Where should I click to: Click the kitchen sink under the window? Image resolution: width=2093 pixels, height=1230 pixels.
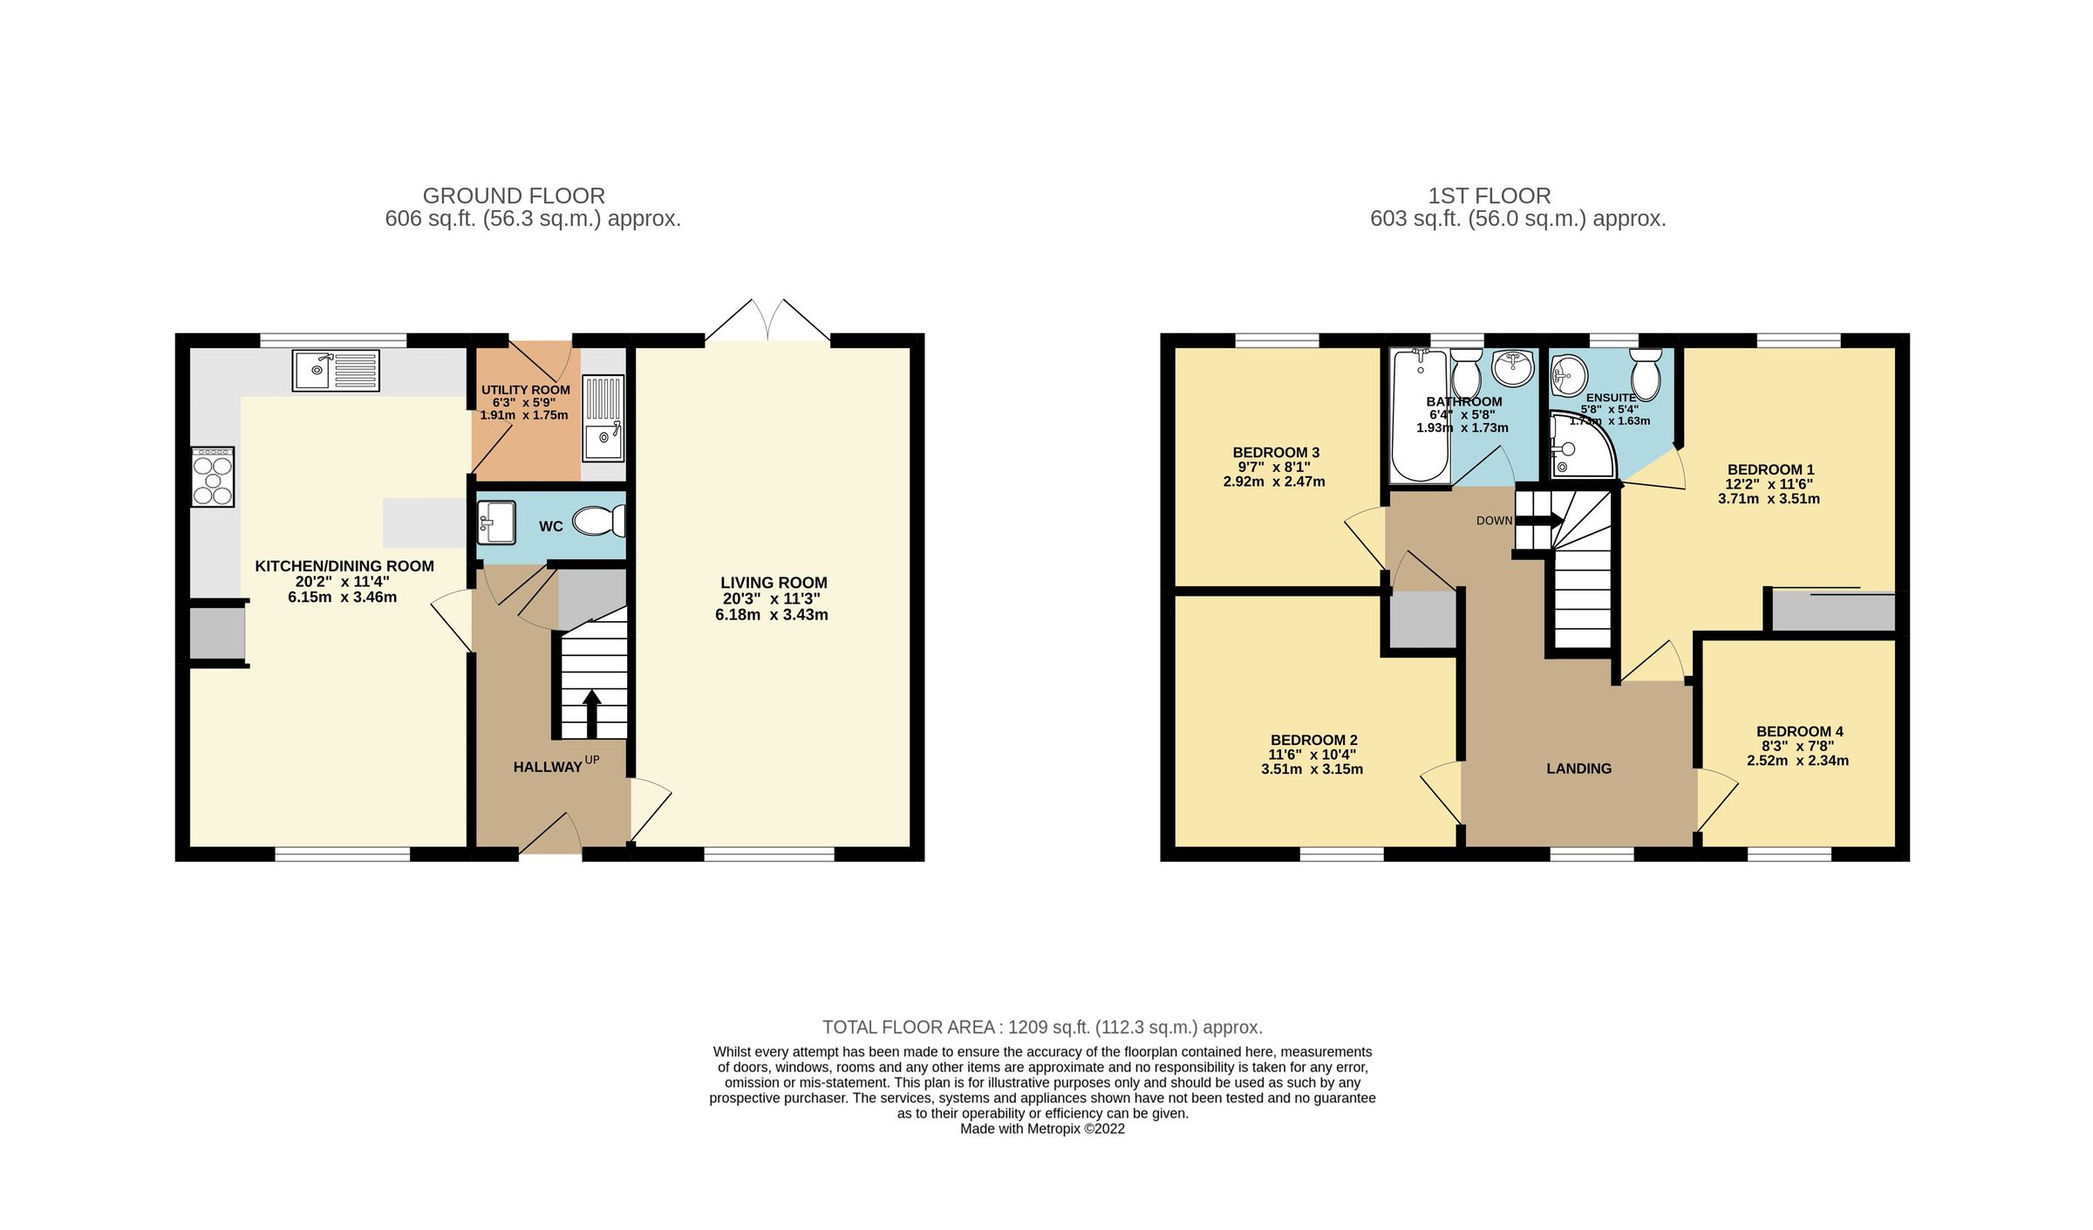tap(336, 370)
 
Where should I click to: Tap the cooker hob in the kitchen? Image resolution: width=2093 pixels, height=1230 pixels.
tap(213, 477)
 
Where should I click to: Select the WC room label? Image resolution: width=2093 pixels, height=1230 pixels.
tap(550, 527)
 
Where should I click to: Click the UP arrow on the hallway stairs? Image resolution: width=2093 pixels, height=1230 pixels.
tap(591, 712)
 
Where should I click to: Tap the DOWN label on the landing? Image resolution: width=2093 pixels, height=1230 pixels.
tap(1494, 521)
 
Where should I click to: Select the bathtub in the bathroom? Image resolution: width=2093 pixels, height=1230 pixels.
tap(1420, 415)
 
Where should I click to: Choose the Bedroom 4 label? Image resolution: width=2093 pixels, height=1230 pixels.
tap(1799, 731)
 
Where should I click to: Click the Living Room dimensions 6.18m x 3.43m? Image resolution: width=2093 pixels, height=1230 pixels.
tap(771, 615)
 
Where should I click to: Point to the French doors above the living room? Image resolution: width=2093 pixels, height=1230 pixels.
tap(767, 321)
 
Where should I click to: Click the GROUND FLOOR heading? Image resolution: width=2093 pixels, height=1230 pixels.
tap(514, 195)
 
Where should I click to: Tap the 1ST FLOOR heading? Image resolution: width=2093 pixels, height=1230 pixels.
tap(1489, 195)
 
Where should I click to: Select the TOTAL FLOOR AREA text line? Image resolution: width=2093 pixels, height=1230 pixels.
tap(1042, 1027)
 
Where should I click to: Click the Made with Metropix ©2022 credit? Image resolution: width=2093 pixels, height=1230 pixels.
tap(1042, 1129)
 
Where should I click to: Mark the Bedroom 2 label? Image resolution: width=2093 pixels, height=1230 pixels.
tap(1313, 740)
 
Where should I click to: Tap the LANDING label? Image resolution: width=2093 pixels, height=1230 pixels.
tap(1578, 769)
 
